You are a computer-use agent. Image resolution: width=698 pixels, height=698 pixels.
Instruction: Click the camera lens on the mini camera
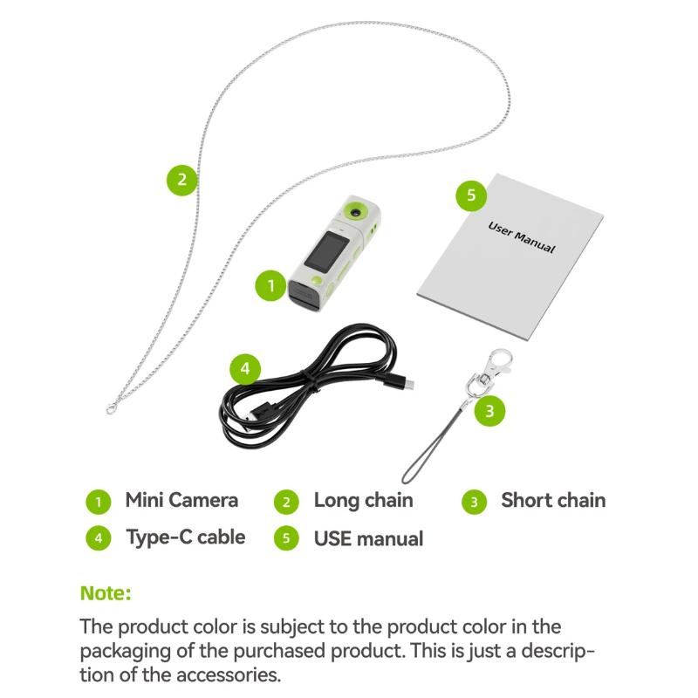[x=355, y=212]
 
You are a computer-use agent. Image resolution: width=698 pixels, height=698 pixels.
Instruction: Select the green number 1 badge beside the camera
[x=270, y=285]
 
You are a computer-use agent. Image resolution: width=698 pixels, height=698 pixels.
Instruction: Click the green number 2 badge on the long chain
[x=182, y=180]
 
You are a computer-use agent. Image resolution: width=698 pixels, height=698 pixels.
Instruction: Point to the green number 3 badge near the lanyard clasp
[x=489, y=410]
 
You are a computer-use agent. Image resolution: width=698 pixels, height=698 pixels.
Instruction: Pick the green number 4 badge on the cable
[x=245, y=369]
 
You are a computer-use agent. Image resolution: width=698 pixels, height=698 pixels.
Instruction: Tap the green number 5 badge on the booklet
[x=471, y=195]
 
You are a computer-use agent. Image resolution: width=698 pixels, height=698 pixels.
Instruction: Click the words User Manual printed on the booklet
[x=522, y=237]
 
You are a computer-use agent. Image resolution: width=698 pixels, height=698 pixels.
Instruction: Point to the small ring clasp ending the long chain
[x=111, y=409]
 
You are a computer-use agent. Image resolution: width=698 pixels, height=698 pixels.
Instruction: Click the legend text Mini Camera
[x=181, y=500]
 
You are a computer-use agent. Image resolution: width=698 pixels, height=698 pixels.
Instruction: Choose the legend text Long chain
[x=363, y=500]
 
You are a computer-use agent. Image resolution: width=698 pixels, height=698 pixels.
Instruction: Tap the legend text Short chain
[x=553, y=500]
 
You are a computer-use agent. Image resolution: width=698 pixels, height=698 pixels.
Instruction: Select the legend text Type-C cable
[x=186, y=537]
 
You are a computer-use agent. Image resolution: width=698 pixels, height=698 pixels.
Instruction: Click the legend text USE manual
[x=368, y=538]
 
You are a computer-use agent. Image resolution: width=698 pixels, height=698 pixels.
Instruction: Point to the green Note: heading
[x=106, y=593]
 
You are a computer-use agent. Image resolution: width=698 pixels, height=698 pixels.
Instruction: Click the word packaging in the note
[x=125, y=652]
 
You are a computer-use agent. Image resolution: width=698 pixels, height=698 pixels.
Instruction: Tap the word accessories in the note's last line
[x=229, y=675]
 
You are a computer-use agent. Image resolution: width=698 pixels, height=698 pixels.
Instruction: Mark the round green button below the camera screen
[x=317, y=280]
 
